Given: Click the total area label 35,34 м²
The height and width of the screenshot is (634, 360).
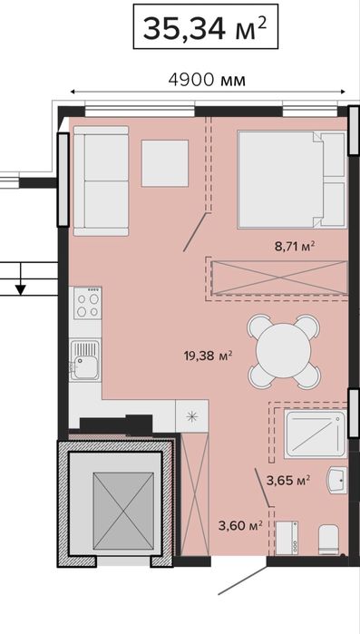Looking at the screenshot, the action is click(205, 27).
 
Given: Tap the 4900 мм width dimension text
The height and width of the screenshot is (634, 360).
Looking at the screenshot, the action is click(207, 80).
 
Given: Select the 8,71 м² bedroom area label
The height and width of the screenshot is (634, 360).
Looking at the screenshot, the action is click(295, 246).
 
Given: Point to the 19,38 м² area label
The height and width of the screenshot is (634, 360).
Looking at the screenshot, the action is click(208, 356).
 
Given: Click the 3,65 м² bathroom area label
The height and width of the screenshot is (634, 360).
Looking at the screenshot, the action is click(288, 480).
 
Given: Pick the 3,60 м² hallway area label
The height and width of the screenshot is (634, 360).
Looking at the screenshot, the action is click(241, 525).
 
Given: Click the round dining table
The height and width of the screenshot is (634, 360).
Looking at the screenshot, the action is click(284, 351).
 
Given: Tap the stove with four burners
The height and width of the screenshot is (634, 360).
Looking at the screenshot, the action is click(88, 303).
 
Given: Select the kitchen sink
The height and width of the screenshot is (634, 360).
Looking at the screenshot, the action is click(85, 361).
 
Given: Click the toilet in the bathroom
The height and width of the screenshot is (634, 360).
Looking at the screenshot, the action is click(327, 540).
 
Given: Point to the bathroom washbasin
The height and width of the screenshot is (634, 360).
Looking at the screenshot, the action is click(337, 481).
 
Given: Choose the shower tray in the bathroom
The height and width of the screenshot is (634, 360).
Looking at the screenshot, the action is click(316, 434).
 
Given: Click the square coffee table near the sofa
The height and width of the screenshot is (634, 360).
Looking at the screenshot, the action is click(165, 163).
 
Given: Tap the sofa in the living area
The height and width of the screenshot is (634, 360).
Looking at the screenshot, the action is click(101, 180).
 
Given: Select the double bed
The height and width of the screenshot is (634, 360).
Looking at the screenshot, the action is click(292, 180).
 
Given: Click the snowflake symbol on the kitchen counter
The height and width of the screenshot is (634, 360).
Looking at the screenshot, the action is click(192, 416).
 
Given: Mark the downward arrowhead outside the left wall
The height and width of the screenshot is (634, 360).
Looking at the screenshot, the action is click(21, 289).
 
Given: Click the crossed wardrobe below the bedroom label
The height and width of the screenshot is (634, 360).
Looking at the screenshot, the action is click(278, 277).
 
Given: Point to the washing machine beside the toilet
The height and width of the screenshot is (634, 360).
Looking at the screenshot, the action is click(287, 538).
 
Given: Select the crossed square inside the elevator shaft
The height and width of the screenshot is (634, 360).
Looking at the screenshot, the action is click(123, 511).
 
